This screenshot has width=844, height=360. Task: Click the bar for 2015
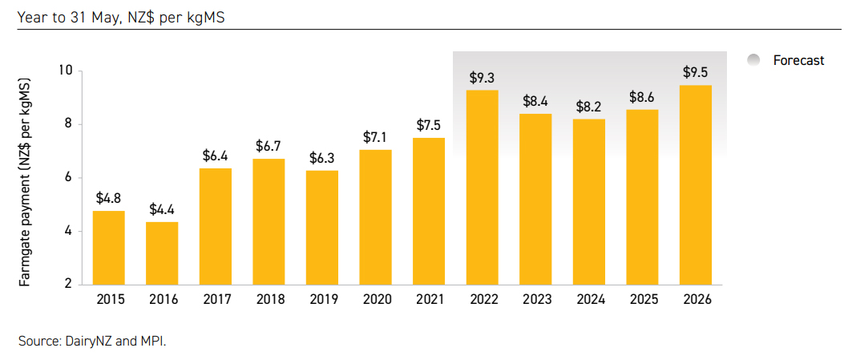click(x=109, y=247)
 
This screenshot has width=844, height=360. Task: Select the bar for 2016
click(x=162, y=253)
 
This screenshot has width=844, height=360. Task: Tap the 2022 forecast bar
click(x=483, y=187)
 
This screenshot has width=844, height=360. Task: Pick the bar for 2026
click(x=695, y=184)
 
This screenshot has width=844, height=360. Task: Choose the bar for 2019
click(x=322, y=227)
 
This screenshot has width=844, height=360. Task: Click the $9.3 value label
click(x=483, y=78)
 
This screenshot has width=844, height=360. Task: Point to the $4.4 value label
click(x=162, y=210)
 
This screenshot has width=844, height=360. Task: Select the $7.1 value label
click(x=376, y=137)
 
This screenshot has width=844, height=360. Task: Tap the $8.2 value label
click(x=589, y=107)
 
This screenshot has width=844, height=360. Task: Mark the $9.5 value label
click(x=695, y=73)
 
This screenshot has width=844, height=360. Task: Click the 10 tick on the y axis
click(x=66, y=71)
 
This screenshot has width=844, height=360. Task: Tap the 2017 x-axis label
click(x=216, y=300)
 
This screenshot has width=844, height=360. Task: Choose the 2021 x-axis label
click(x=430, y=300)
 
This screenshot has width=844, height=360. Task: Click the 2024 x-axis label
click(x=589, y=300)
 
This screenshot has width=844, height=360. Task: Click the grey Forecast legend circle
click(x=753, y=60)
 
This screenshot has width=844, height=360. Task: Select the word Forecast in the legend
click(x=798, y=60)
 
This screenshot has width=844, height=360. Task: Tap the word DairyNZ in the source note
click(x=86, y=341)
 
